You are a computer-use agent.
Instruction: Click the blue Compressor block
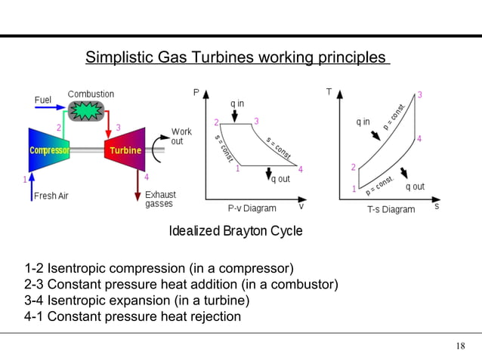(49, 150)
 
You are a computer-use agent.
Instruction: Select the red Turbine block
(124, 150)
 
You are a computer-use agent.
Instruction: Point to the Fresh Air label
(51, 196)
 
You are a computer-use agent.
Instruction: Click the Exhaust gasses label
(160, 199)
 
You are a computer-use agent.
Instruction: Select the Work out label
(181, 137)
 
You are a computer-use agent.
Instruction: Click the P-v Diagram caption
(252, 208)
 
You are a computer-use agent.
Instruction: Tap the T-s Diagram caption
(391, 209)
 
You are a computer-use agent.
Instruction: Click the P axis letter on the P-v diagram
(196, 93)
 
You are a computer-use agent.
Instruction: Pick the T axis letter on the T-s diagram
(329, 92)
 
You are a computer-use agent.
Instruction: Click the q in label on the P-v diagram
(237, 103)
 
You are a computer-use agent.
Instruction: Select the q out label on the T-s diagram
(415, 187)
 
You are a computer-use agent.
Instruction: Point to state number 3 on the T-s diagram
(419, 94)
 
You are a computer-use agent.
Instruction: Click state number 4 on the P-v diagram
(301, 169)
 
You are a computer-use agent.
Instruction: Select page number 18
(461, 347)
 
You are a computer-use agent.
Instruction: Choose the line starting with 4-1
(132, 316)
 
